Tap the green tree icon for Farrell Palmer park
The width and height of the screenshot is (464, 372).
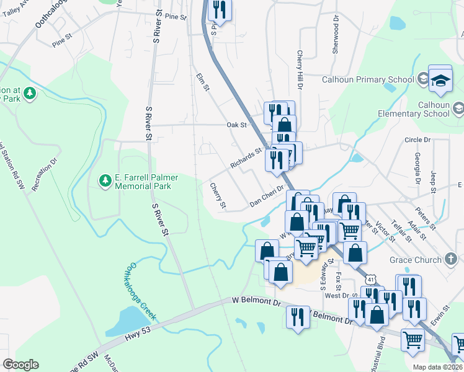105,180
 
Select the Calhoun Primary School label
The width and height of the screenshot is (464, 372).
368,79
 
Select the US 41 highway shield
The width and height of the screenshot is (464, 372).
370,280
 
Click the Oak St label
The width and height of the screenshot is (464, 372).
237,125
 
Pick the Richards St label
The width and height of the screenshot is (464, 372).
246,158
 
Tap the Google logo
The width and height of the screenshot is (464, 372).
20,365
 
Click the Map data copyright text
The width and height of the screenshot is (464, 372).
438,367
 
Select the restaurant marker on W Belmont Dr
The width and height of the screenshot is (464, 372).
298,316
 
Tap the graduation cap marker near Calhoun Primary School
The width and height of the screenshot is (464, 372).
440,80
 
